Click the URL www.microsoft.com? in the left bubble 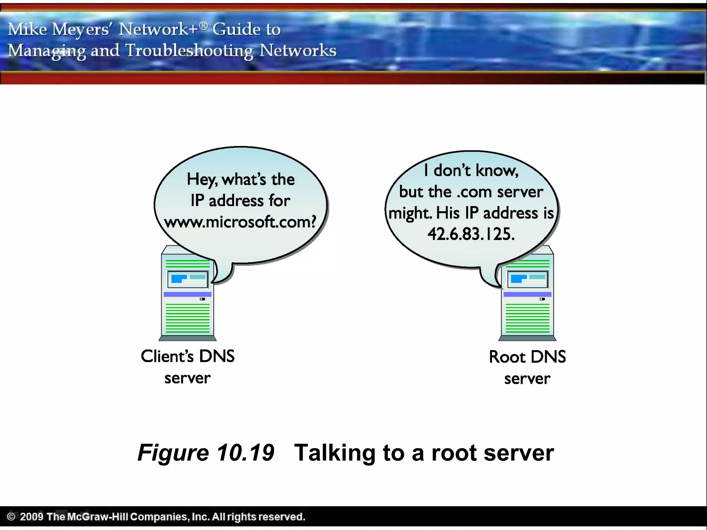(240, 222)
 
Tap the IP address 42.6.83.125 (471, 234)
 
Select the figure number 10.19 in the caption (245, 452)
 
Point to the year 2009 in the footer (31, 517)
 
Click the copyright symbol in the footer (11, 517)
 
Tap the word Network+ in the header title (158, 29)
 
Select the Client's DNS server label (187, 367)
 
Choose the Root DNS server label (527, 367)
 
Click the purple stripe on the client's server (187, 294)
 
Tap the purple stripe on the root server (527, 294)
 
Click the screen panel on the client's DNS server (188, 279)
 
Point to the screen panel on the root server (527, 279)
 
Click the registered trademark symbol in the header (204, 25)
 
